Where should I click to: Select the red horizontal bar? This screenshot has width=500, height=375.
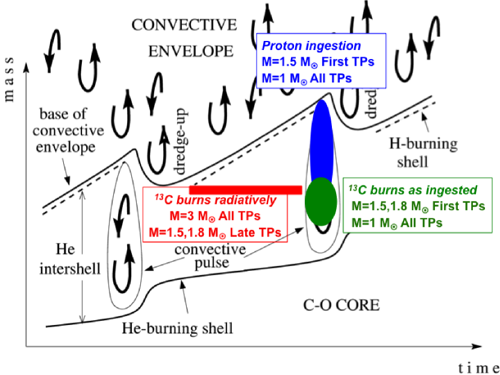tap(245, 190)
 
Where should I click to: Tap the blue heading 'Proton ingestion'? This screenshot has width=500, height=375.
tap(310, 46)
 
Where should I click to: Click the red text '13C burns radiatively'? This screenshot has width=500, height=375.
tap(214, 200)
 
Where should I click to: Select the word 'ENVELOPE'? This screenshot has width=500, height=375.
tap(190, 50)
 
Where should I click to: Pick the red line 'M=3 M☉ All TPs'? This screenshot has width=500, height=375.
tap(214, 216)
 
